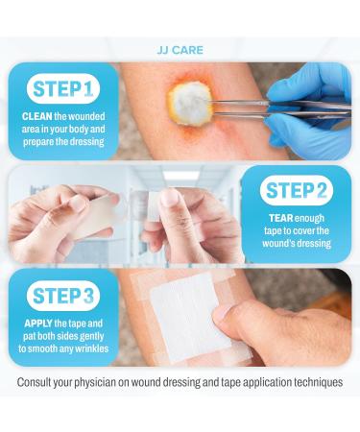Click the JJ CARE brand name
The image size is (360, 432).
point(180,50)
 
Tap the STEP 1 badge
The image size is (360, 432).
point(63,88)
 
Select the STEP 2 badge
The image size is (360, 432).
point(297,190)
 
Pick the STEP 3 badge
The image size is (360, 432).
point(63,296)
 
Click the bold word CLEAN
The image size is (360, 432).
point(37,116)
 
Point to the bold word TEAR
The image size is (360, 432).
point(281,218)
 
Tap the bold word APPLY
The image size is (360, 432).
point(38,324)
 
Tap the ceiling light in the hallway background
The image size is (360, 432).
point(180,176)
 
